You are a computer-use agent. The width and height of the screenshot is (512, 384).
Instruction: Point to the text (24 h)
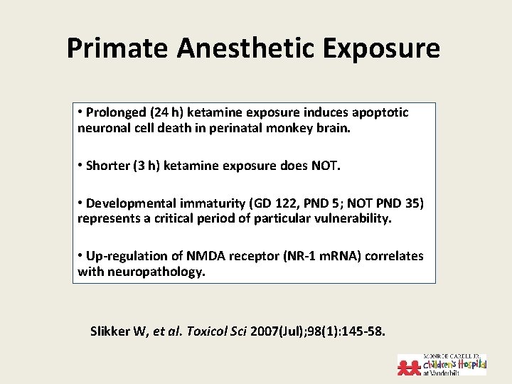[164, 112]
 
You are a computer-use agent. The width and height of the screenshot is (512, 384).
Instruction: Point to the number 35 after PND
[411, 203]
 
